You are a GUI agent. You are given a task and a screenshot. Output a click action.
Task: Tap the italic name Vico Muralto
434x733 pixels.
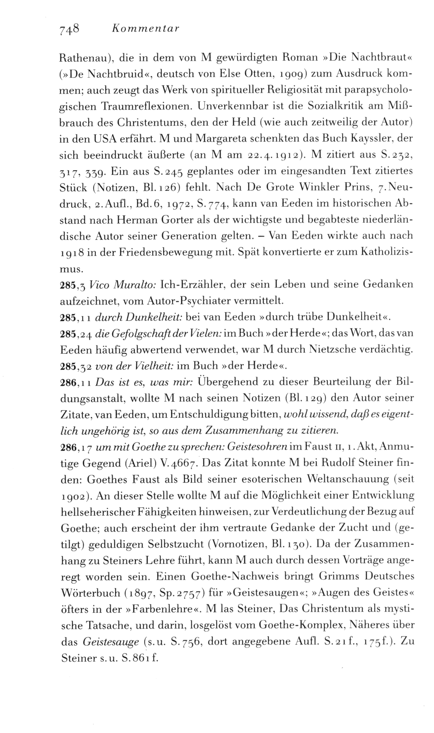(x=122, y=285)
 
